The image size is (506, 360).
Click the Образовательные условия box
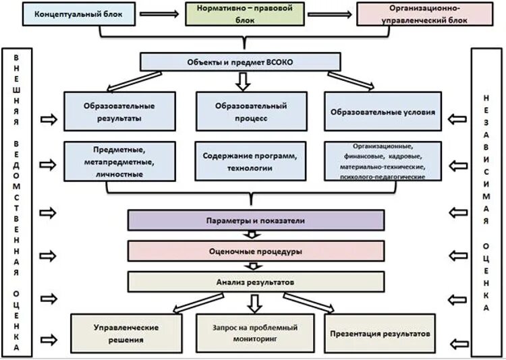click(x=383, y=111)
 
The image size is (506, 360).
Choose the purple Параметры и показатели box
click(x=256, y=220)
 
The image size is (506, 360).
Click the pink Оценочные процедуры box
click(x=256, y=251)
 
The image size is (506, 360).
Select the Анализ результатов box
click(x=256, y=280)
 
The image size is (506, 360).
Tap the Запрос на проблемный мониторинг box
click(x=254, y=333)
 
